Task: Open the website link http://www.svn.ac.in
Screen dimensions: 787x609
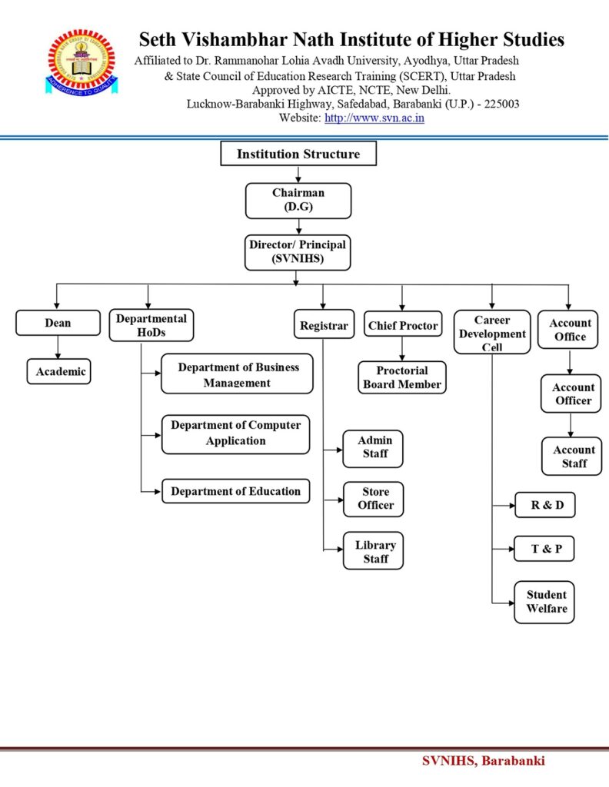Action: point(374,118)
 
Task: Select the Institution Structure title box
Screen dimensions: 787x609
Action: point(298,154)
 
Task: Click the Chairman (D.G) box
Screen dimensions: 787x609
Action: point(298,200)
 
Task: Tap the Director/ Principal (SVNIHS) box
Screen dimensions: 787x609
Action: point(298,252)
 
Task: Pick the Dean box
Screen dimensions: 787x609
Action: point(58,324)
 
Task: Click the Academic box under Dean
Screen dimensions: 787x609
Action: point(58,372)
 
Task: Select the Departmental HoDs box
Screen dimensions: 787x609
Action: point(151,325)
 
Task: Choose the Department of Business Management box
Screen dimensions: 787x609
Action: point(237,374)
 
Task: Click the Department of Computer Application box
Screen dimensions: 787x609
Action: point(235,433)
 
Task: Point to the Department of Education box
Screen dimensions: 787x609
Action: point(235,491)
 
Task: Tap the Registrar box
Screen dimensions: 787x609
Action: point(324,325)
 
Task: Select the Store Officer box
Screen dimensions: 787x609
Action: point(374,499)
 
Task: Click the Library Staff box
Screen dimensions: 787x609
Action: point(374,551)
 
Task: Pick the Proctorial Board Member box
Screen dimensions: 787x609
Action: point(402,377)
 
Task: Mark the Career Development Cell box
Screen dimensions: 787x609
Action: point(492,333)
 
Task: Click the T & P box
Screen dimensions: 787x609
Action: point(544,549)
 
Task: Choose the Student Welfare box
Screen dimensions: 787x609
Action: point(544,602)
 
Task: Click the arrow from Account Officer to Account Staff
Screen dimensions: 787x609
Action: point(571,425)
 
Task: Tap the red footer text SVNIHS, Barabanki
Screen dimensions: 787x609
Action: point(483,761)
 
